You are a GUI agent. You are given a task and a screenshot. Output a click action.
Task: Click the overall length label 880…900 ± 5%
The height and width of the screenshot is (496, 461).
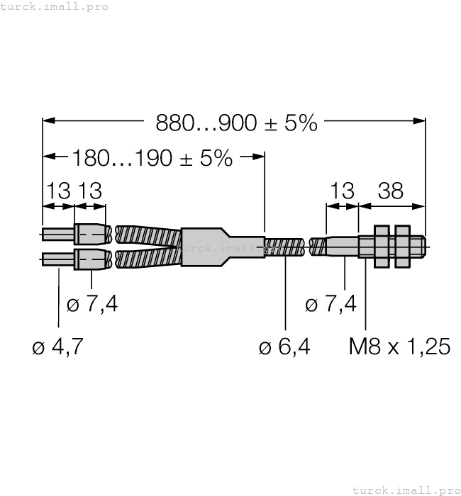pyautogui.click(x=237, y=123)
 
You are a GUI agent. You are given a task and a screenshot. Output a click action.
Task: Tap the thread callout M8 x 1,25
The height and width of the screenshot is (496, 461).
pyautogui.click(x=400, y=346)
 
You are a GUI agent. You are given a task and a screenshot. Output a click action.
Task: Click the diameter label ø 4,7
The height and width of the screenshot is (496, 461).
pyautogui.click(x=58, y=346)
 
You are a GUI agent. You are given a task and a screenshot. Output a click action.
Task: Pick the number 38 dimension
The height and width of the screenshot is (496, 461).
pyautogui.click(x=390, y=191)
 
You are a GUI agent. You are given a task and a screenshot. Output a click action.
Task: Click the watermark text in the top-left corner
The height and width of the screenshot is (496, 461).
pyautogui.click(x=55, y=6)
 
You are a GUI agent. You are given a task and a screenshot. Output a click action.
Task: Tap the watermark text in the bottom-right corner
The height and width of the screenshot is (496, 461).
pyautogui.click(x=406, y=490)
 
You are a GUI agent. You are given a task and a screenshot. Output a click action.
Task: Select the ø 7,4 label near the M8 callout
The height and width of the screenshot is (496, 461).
pyautogui.click(x=331, y=305)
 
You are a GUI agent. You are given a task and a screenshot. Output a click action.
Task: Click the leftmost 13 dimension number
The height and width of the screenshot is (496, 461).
pyautogui.click(x=58, y=191)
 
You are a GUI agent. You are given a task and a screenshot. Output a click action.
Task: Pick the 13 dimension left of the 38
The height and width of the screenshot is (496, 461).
pyautogui.click(x=342, y=191)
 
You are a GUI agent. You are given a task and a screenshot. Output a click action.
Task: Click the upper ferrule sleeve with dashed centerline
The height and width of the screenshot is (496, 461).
pyautogui.click(x=90, y=234)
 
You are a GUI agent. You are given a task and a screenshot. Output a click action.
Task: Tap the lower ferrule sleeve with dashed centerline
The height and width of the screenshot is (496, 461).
pyautogui.click(x=90, y=259)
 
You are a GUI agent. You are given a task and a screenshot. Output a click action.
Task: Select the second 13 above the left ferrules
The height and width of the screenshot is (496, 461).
pyautogui.click(x=90, y=191)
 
